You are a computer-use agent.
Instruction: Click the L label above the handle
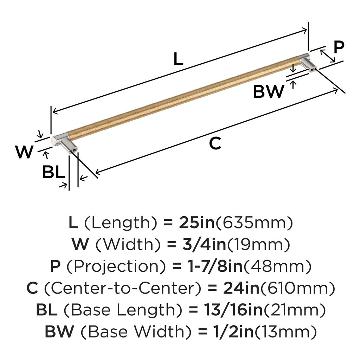point(179,59)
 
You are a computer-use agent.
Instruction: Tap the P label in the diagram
point(339,47)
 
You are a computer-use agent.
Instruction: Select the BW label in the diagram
point(269,92)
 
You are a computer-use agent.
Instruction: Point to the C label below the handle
point(215,143)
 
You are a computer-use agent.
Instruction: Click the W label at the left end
point(24,152)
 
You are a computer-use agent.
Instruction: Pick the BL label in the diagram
point(54,172)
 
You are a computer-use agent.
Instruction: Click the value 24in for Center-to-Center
point(242,288)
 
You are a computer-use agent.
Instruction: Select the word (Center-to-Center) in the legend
point(123,288)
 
